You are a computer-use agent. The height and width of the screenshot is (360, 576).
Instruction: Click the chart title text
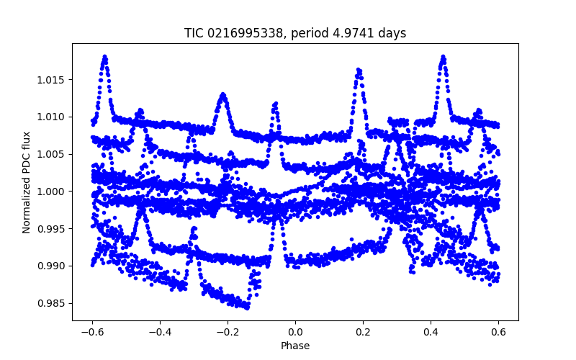click(295, 33)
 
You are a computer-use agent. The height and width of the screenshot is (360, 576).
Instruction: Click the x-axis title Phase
click(295, 346)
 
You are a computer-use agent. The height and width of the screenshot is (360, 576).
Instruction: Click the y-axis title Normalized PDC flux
click(27, 181)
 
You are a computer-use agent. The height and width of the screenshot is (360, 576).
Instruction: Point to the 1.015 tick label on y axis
click(52, 79)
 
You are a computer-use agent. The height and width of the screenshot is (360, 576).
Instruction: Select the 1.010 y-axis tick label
click(52, 117)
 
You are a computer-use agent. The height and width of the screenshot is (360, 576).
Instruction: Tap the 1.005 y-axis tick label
click(52, 154)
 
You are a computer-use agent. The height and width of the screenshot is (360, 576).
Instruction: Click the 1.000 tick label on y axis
click(52, 192)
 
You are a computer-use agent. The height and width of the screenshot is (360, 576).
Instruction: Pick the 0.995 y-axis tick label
click(52, 229)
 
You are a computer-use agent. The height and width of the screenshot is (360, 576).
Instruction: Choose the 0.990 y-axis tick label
click(52, 266)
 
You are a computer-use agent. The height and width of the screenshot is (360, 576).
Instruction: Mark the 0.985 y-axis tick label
click(52, 303)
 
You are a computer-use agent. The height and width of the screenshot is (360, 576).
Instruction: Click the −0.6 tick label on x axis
click(92, 332)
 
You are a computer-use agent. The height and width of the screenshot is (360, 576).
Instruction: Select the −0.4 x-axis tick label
click(160, 332)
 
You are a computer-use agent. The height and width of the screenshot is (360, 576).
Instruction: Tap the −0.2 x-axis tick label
click(228, 332)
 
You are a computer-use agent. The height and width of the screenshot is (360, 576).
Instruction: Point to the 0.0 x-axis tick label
click(295, 332)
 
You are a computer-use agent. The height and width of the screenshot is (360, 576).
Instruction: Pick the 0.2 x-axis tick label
click(363, 332)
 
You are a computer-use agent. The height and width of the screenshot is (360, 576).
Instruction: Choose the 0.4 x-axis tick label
click(431, 332)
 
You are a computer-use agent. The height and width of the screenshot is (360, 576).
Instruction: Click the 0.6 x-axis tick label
click(498, 332)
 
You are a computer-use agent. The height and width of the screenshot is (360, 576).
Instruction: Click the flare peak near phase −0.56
click(105, 56)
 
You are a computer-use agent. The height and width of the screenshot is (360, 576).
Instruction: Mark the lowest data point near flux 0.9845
click(247, 307)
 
